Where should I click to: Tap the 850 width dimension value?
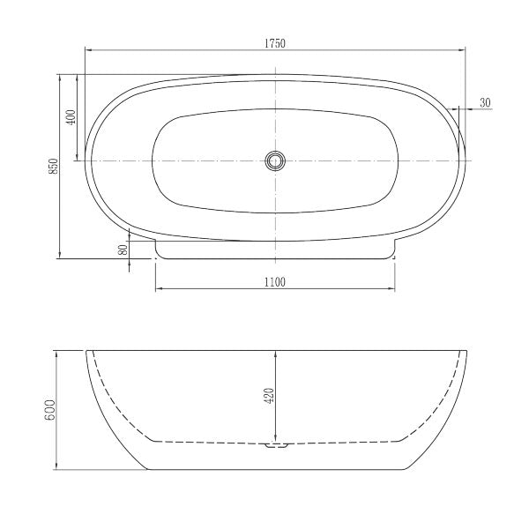[x=53, y=166]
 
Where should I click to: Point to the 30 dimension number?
[x=485, y=103]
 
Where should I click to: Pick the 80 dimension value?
[x=124, y=249]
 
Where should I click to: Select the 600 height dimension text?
[x=51, y=409]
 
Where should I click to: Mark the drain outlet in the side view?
[x=276, y=447]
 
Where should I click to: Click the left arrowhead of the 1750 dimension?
[x=88, y=51]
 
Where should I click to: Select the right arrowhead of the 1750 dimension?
[x=465, y=51]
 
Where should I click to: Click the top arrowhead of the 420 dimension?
[x=276, y=354]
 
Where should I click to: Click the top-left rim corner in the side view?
[x=86, y=350]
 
